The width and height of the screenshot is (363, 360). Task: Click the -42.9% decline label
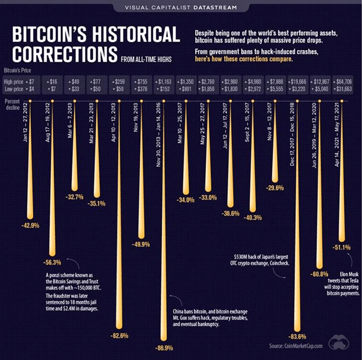click(31, 225)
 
